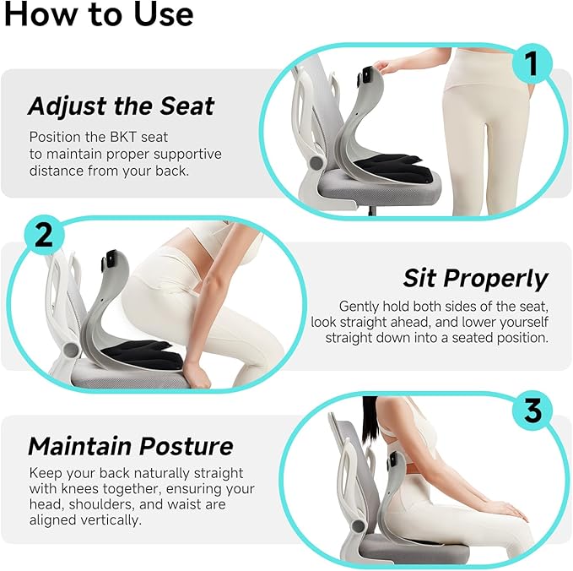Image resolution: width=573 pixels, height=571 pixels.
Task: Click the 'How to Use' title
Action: coord(98,14)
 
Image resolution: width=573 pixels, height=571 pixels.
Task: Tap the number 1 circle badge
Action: coord(531,63)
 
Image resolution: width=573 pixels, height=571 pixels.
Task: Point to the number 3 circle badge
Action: coord(532,412)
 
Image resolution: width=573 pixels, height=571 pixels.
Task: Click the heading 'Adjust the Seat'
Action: coord(121,106)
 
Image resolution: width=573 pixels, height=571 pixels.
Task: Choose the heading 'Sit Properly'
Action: coord(475,278)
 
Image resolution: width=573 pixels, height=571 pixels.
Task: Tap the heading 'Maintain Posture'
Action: coord(130,446)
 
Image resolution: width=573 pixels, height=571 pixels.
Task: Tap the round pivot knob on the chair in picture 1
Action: coord(316,160)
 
